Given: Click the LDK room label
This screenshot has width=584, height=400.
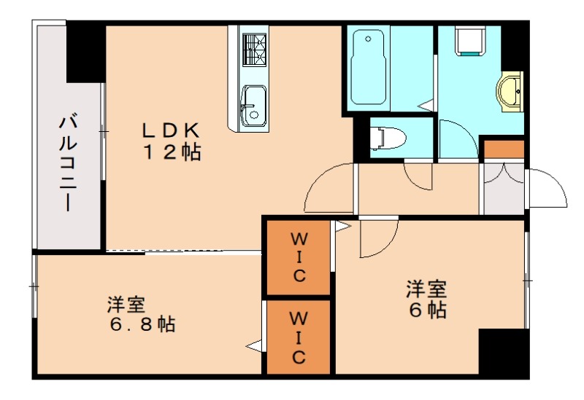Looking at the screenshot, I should click(170, 130).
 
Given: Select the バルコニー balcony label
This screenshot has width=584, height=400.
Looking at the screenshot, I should click(70, 162).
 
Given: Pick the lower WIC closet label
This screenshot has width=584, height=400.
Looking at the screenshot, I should click(299, 337).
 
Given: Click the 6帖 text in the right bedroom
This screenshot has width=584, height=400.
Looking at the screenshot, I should click(427, 310).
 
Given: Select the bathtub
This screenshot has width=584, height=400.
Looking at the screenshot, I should click(370, 67).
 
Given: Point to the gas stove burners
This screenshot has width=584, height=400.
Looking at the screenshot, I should click(255, 51).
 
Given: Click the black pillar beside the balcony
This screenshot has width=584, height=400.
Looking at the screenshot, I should click(86, 52).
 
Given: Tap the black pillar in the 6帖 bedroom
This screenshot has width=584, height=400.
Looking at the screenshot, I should click(503, 350).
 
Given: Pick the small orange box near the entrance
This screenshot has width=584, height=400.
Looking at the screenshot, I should click(504, 149).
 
